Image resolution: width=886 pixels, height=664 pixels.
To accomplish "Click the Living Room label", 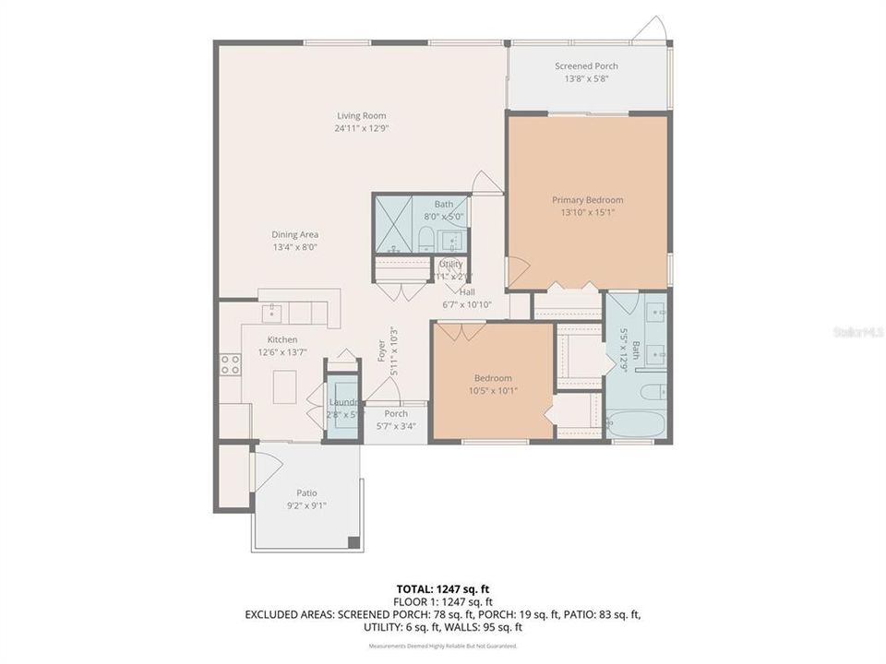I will [x=362, y=115].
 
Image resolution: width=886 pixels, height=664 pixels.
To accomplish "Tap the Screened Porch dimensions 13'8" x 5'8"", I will [x=586, y=79].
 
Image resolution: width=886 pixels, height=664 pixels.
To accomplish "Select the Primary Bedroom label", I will [x=587, y=199].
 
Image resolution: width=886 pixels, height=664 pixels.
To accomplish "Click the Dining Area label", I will [x=295, y=234].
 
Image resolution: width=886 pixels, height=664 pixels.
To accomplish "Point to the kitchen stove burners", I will [x=230, y=364].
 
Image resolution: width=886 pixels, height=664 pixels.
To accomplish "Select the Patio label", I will [x=306, y=492].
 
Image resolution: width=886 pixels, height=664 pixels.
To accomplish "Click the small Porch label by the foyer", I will [x=396, y=413].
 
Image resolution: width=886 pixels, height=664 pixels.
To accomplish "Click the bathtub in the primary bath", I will [x=636, y=423].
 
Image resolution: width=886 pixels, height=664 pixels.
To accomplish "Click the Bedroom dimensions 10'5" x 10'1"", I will [x=494, y=390].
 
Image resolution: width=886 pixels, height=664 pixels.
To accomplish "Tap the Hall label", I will [x=467, y=291].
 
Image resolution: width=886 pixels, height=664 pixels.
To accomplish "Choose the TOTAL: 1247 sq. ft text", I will [x=443, y=587].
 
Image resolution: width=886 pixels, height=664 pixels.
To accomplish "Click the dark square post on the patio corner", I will [x=351, y=541].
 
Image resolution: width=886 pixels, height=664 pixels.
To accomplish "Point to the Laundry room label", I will [x=342, y=403].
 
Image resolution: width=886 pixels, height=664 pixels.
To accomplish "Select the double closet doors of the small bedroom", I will [x=454, y=329].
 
